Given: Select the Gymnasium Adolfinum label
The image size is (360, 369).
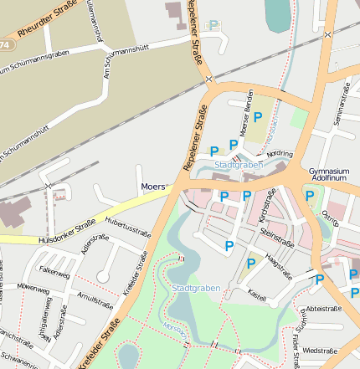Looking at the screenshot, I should [x=328, y=174].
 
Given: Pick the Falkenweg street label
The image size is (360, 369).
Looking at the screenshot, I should [x=54, y=271].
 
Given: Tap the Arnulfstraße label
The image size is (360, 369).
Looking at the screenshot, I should [x=94, y=300].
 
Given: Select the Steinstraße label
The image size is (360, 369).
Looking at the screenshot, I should [x=277, y=243].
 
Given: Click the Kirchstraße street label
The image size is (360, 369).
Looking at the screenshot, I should [x=267, y=205].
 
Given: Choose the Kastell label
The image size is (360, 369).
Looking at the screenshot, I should [x=257, y=295].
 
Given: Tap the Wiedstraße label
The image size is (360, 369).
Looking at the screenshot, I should [x=321, y=351].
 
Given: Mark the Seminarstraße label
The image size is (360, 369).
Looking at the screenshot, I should [x=341, y=110].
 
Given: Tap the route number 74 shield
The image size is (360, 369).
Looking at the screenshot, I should [x=6, y=44].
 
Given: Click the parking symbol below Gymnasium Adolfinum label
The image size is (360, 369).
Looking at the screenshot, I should [x=310, y=196].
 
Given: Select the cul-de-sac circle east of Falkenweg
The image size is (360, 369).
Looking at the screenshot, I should [x=103, y=276].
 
